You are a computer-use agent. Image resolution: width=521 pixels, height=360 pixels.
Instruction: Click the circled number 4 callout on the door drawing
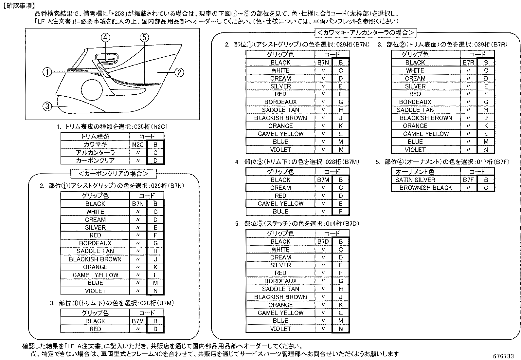coord(105,38)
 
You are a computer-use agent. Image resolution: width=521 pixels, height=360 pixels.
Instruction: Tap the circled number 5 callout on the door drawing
coord(144,38)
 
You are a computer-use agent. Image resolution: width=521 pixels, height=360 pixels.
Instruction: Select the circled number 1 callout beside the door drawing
coord(47,72)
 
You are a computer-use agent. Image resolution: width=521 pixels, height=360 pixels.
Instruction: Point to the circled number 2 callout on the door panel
coord(179,72)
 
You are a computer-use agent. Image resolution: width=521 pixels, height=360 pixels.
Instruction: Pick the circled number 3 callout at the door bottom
coord(47,106)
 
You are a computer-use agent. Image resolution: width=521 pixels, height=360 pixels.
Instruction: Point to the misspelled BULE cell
coord(280,212)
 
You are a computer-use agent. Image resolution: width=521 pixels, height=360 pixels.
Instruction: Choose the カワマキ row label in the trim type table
coord(95,144)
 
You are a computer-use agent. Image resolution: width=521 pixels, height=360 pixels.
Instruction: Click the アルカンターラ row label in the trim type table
coord(95,152)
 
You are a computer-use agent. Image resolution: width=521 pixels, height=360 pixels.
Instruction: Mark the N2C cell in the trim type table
coord(138,144)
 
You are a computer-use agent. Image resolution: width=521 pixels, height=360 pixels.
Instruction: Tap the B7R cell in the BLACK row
coord(468,63)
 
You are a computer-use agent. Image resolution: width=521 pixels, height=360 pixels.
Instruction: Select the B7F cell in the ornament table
coord(468,180)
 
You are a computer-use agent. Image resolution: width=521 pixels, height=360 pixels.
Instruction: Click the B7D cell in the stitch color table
coord(323,242)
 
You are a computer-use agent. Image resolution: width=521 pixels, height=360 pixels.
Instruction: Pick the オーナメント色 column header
coord(415,172)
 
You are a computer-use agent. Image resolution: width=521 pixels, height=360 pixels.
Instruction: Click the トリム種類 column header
coord(95,136)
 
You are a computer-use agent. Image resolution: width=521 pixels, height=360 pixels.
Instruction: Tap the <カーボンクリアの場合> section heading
coord(113,173)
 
